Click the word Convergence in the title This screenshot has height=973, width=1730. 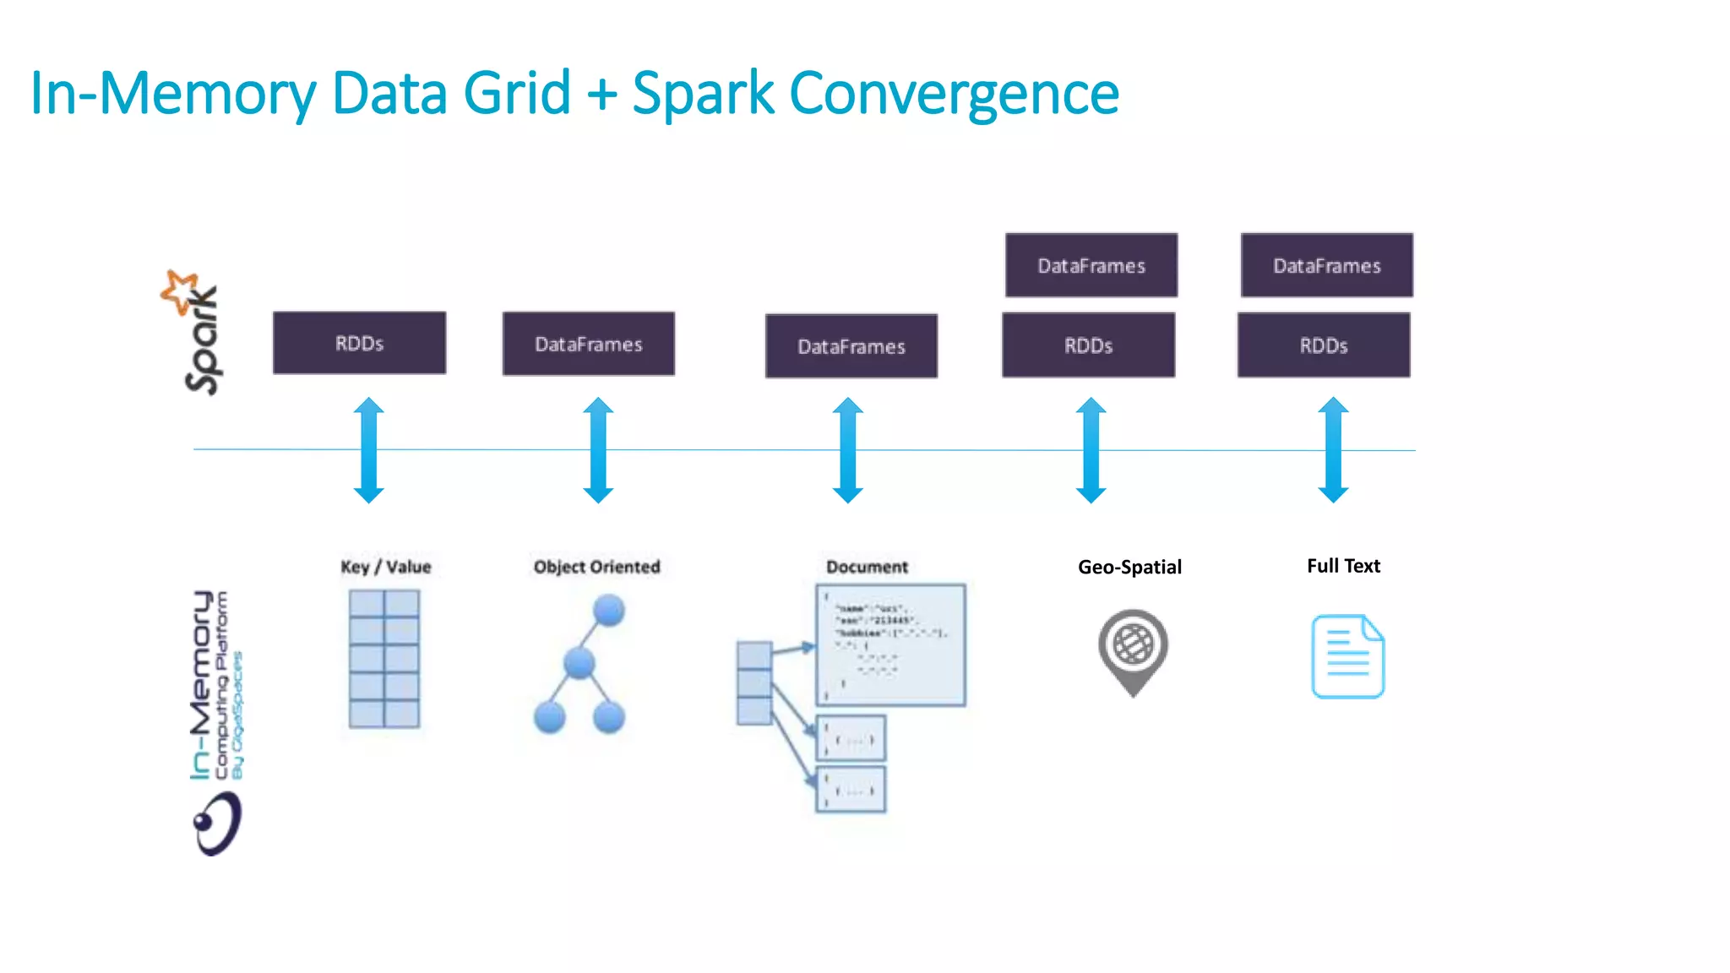click(x=954, y=93)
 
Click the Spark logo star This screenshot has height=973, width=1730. click(x=180, y=291)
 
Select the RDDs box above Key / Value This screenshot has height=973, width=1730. click(x=359, y=343)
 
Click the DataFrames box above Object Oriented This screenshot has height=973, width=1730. click(x=589, y=344)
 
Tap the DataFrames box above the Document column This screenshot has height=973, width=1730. click(x=851, y=346)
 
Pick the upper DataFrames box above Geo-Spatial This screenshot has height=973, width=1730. click(x=1091, y=265)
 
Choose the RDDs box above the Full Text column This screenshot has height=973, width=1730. click(x=1323, y=345)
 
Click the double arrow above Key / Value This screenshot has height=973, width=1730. click(x=368, y=450)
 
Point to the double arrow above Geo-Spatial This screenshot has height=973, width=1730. click(x=1091, y=450)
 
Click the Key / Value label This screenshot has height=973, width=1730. click(x=385, y=567)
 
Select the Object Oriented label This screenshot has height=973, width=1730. click(x=596, y=567)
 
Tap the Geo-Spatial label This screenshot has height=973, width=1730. click(x=1129, y=567)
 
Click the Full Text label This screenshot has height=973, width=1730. click(x=1343, y=566)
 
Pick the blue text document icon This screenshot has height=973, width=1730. click(x=1347, y=656)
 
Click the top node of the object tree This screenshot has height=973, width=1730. click(x=608, y=610)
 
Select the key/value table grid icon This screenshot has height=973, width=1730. click(x=384, y=659)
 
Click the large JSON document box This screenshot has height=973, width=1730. click(x=890, y=644)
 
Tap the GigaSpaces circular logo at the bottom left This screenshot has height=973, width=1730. click(x=217, y=824)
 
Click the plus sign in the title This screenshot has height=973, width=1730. click(x=601, y=93)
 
